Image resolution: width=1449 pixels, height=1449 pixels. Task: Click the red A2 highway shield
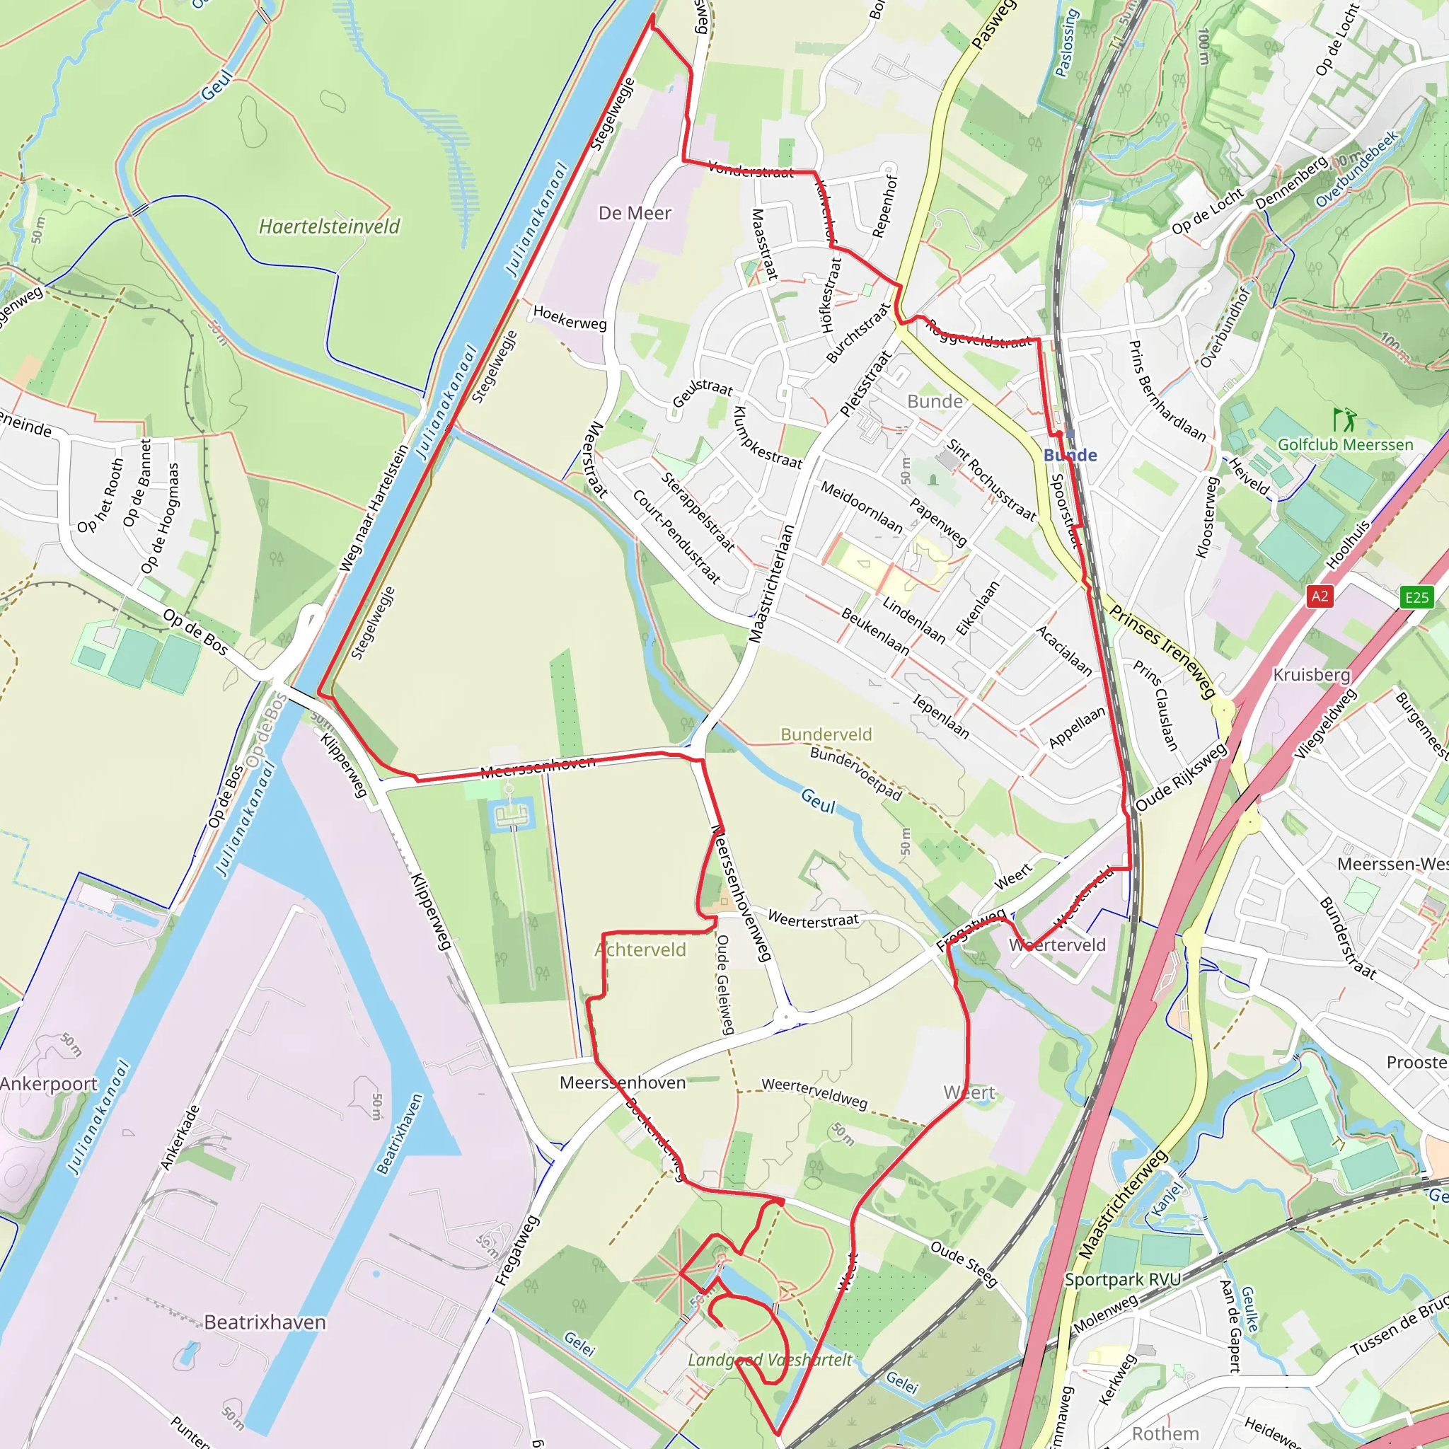click(1320, 596)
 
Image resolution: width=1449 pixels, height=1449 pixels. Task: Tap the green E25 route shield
click(1416, 597)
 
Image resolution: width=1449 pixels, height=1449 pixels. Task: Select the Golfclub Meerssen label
click(1345, 445)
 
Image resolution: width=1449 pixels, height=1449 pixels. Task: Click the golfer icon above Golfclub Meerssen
click(1344, 419)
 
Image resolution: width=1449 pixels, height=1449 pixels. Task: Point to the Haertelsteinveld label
click(329, 226)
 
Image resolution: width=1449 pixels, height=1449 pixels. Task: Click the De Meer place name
click(635, 214)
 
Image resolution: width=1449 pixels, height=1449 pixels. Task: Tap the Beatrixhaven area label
click(265, 1322)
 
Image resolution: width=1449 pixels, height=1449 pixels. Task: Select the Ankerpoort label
click(49, 1084)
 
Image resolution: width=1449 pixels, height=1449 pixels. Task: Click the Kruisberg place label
click(1312, 674)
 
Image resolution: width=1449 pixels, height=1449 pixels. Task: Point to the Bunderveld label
click(826, 734)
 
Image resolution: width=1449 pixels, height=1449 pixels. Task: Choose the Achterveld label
click(640, 949)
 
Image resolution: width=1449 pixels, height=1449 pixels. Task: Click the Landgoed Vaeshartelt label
click(770, 1360)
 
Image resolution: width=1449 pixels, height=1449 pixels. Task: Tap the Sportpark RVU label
click(1122, 1278)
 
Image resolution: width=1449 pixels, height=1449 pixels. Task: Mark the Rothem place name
click(1165, 1433)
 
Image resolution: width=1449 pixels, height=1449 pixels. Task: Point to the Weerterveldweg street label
click(814, 1092)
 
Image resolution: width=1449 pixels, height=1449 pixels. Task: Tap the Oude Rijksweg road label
click(1182, 776)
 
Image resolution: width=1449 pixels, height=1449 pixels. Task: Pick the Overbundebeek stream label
click(1357, 170)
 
